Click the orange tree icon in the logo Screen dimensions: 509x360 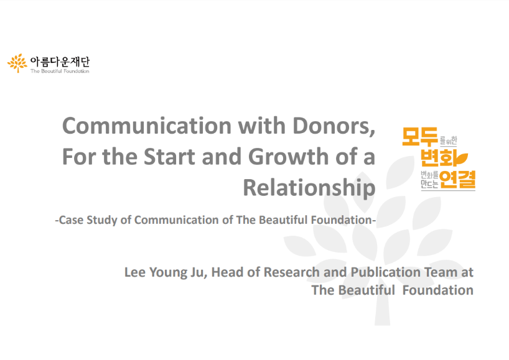17,63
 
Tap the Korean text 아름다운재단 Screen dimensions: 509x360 60,62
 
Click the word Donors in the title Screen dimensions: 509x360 334,126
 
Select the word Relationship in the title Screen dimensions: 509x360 309,188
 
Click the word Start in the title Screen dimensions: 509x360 169,157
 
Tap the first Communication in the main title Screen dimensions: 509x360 147,126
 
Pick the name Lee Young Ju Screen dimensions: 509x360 166,273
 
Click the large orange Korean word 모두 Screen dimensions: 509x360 421,136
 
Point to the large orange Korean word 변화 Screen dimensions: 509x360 439,158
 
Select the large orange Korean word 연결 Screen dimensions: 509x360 457,179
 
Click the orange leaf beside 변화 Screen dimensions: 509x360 462,158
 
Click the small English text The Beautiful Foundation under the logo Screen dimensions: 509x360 60,71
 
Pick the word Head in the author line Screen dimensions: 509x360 227,272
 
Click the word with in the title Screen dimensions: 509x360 262,126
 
